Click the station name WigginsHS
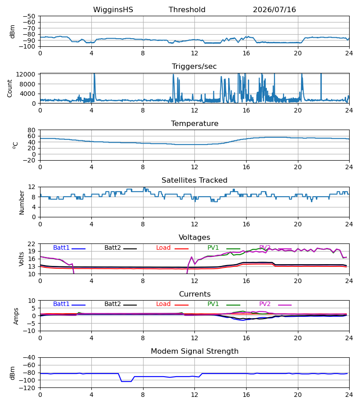(x=113, y=10)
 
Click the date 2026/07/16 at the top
(x=274, y=10)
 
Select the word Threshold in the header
(x=187, y=10)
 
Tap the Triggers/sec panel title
(x=194, y=67)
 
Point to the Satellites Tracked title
(x=194, y=180)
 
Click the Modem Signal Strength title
(x=194, y=351)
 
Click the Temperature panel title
(x=194, y=123)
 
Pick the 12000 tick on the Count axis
(x=26, y=74)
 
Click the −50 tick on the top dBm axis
(x=29, y=16)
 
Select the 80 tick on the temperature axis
(x=31, y=130)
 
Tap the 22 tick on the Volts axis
(x=31, y=244)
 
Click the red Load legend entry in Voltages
(x=172, y=247)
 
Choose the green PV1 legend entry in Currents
(x=224, y=304)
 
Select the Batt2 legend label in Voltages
(x=112, y=247)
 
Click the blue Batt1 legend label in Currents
(x=61, y=304)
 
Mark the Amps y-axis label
(x=16, y=316)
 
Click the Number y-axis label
(x=22, y=202)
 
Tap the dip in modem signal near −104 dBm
(x=126, y=381)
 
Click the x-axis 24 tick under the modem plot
(x=349, y=395)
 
